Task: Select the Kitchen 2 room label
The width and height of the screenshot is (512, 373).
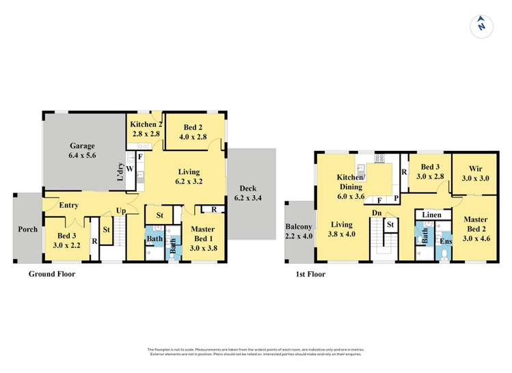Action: click(x=145, y=128)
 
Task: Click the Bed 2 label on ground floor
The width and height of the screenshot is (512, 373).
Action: click(x=193, y=131)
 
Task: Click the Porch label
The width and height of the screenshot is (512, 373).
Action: click(x=27, y=229)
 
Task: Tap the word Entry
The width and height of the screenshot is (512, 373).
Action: click(x=68, y=205)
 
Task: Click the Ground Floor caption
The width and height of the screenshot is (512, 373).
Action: click(x=51, y=274)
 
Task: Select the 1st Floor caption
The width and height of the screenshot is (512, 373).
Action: click(x=312, y=274)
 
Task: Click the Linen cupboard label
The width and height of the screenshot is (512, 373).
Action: click(x=432, y=215)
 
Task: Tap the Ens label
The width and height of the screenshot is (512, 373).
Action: click(x=446, y=241)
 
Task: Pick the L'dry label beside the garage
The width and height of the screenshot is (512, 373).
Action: click(x=120, y=175)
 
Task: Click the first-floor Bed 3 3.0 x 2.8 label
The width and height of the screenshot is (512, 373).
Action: click(x=429, y=171)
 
